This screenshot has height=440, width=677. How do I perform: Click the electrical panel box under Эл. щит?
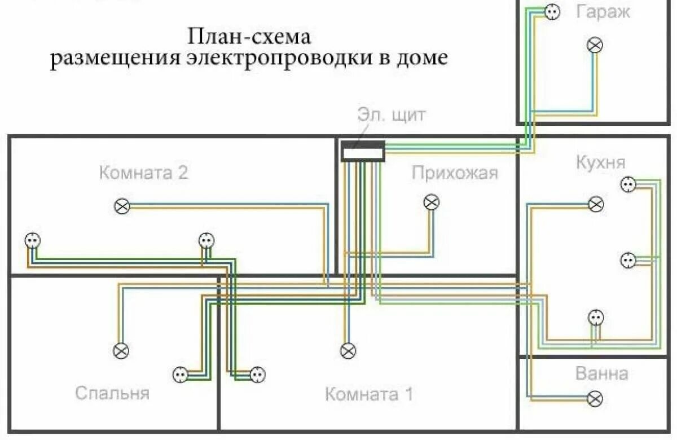coord(363,152)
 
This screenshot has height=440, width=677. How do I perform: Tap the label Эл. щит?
coord(392,115)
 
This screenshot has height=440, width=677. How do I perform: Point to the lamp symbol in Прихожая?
coord(432,202)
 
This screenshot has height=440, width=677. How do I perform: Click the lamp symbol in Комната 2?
coord(122,206)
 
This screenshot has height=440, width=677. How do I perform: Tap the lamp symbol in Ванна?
coord(595,399)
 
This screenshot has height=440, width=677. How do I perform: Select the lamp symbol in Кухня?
coord(596,204)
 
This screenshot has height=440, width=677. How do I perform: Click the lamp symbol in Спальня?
coord(121,350)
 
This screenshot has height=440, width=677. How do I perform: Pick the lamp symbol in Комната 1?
coord(348,350)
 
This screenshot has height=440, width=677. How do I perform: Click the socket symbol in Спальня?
coord(179,374)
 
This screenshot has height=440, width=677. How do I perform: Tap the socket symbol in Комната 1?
coord(257,374)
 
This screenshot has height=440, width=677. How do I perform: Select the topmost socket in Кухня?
coord(628,184)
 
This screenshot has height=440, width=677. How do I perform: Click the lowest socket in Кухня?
coord(596,318)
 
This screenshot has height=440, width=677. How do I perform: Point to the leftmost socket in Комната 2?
coord(33,241)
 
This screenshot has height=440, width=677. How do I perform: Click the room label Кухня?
coord(600,162)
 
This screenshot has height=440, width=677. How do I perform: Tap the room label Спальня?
coord(112,393)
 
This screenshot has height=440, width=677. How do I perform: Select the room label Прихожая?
coord(455,173)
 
